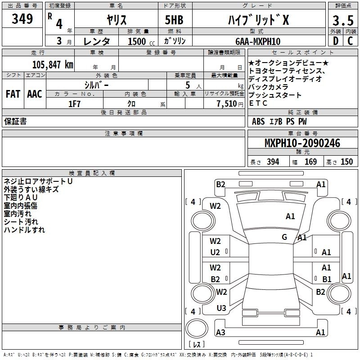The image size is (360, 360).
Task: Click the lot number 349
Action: [x=22, y=19]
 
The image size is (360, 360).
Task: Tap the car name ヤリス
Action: [x=116, y=19]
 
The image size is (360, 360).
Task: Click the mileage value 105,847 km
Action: [x=52, y=64]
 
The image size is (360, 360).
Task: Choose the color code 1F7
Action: [x=74, y=103]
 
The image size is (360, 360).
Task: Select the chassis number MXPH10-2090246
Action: [x=302, y=144]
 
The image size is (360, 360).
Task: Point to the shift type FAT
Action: [x=13, y=94]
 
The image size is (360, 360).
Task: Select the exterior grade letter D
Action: [x=335, y=41]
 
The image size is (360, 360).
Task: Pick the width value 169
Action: [x=310, y=162]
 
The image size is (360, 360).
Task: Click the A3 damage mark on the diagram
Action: [x=220, y=333]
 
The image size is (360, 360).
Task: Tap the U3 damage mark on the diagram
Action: [x=221, y=308]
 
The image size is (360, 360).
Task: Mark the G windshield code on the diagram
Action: [x=284, y=237]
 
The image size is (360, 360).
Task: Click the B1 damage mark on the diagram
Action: [x=327, y=279]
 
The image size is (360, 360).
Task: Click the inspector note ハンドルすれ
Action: [x=24, y=230]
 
